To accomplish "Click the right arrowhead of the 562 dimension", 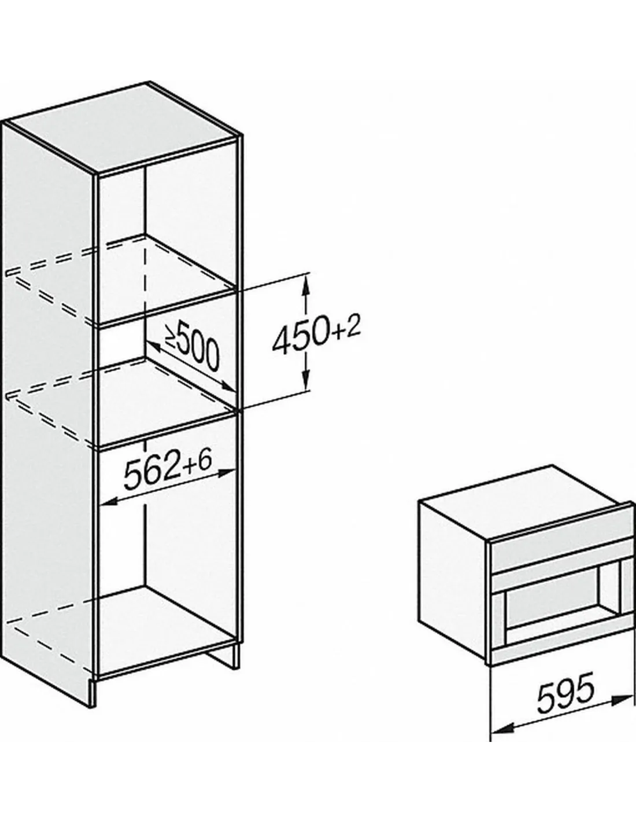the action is pyautogui.click(x=226, y=473).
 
